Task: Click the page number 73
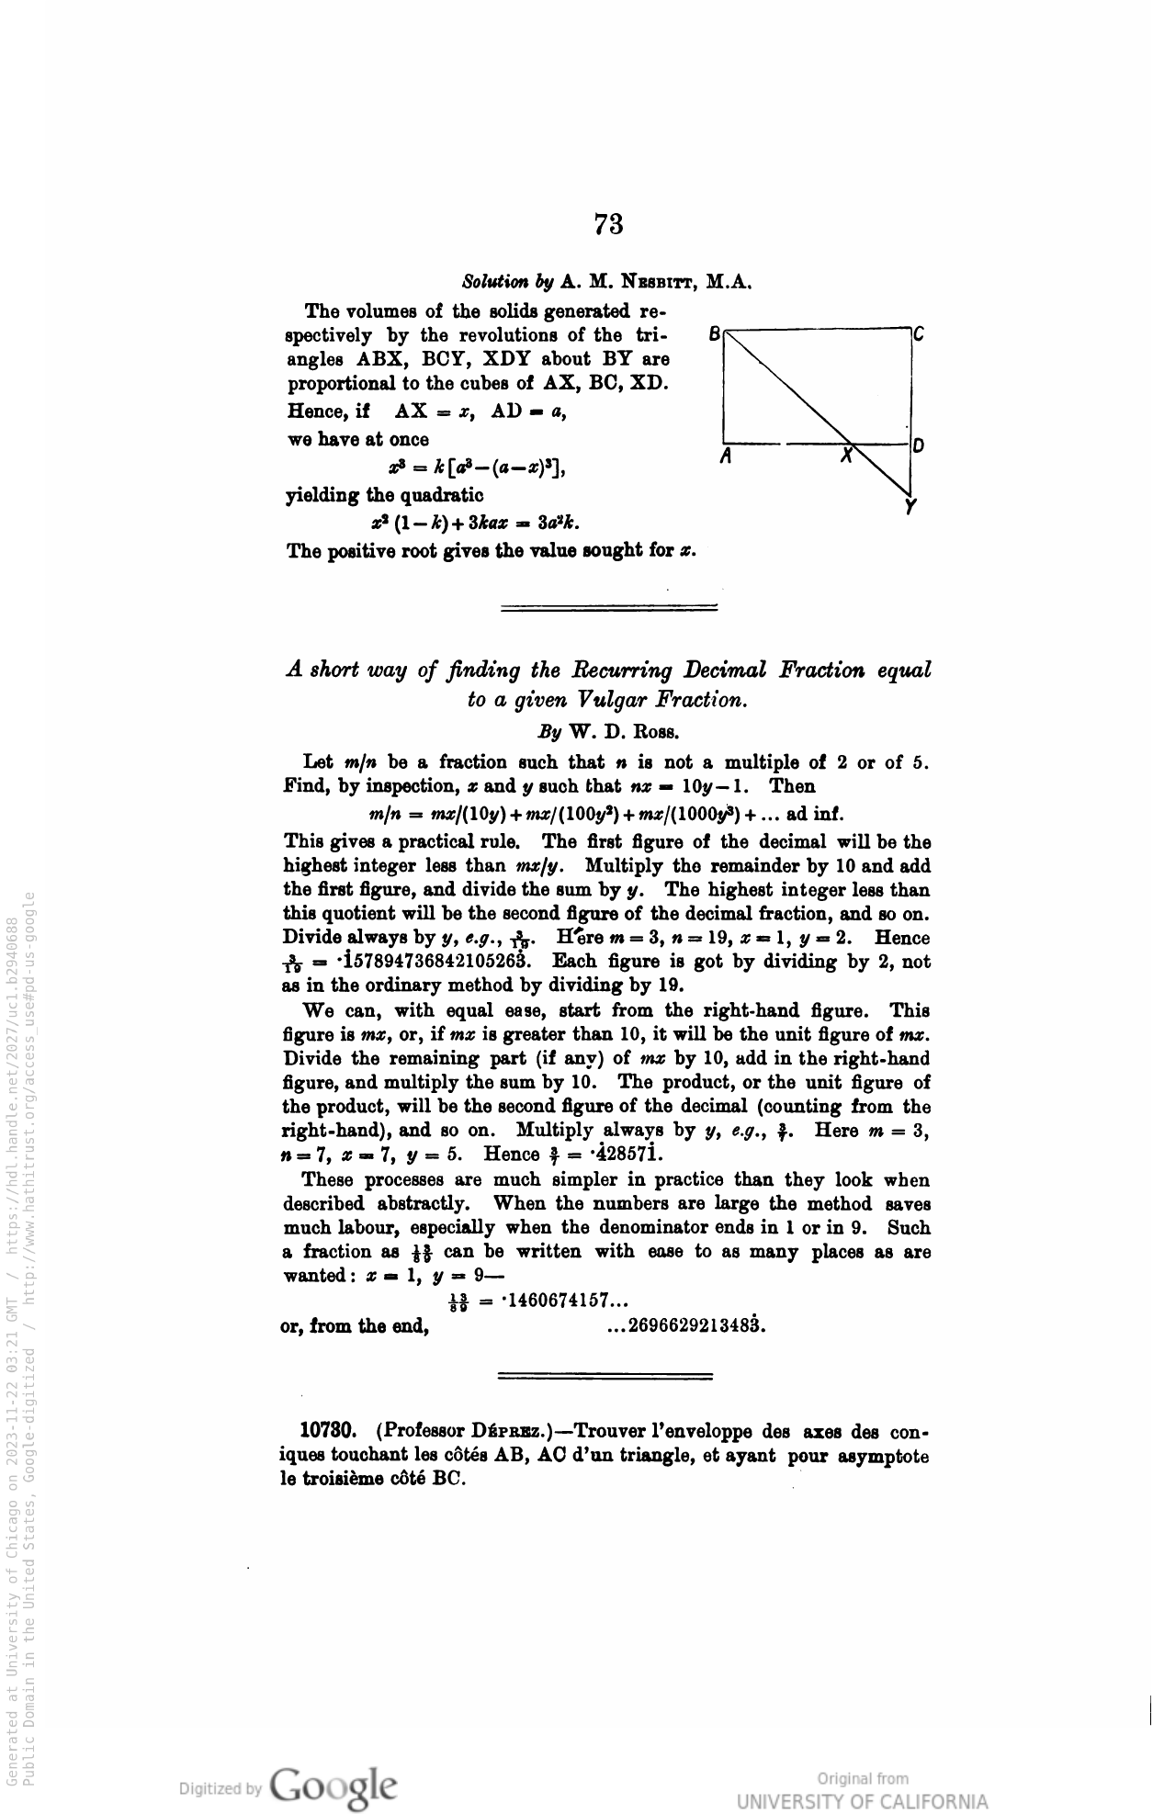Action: click(608, 223)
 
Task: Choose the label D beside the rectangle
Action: click(918, 446)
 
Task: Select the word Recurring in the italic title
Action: click(603, 670)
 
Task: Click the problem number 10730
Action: click(328, 1431)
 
